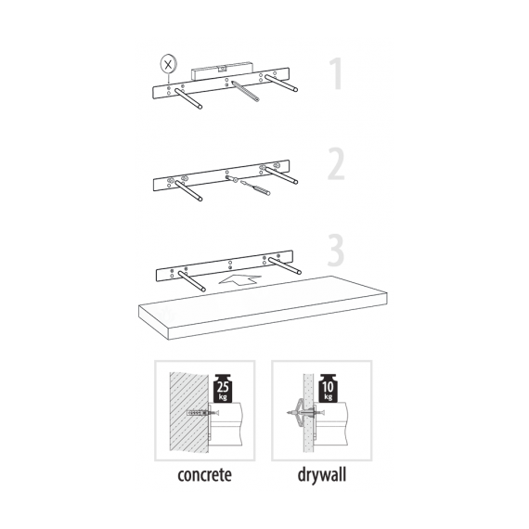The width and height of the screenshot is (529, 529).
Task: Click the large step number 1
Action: click(337, 73)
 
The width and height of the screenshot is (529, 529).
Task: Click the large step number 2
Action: click(336, 164)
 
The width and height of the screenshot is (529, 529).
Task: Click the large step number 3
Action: click(336, 250)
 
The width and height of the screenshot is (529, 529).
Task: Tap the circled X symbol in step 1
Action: click(168, 64)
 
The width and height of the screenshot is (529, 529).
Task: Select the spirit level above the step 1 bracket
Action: click(221, 71)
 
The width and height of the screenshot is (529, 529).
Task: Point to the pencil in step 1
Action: click(245, 90)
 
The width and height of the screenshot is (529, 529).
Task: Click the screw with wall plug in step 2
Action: click(254, 187)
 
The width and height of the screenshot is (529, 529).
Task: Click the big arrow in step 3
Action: click(239, 279)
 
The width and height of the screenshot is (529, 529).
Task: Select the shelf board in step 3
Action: click(263, 307)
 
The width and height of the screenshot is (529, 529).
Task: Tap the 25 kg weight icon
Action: click(223, 388)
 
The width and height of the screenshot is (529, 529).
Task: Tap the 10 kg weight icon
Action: click(328, 388)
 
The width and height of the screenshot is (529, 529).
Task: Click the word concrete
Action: click(204, 474)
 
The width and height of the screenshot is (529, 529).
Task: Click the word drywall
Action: click(322, 475)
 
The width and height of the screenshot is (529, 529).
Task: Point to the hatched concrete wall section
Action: click(188, 412)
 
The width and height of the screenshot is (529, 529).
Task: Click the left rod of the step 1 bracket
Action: click(187, 98)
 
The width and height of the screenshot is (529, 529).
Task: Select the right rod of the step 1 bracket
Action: click(281, 83)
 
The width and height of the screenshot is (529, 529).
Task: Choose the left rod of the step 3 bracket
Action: click(191, 281)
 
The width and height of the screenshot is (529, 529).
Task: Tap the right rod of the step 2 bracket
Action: click(281, 175)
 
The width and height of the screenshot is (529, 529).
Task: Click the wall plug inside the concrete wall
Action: click(197, 413)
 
